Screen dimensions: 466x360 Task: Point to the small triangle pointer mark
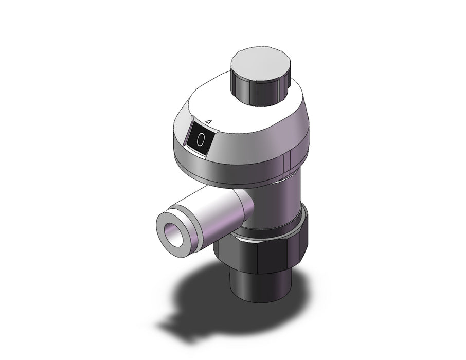tap(209, 121)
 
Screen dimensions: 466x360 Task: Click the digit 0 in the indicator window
tap(201, 139)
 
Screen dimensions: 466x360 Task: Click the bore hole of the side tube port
tap(173, 233)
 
